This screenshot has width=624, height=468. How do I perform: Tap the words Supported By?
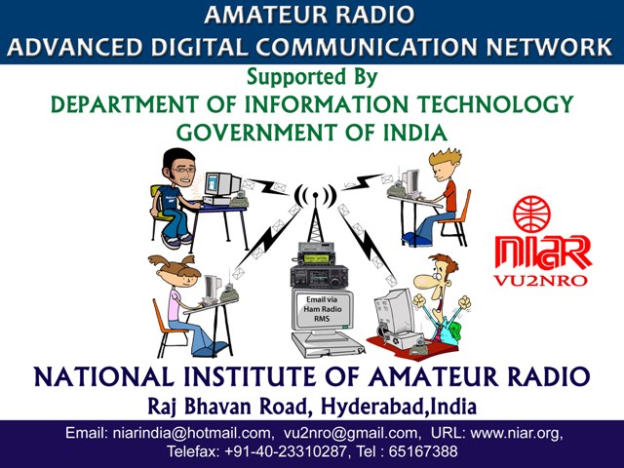click(312, 76)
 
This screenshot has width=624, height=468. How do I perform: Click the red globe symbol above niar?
click(531, 214)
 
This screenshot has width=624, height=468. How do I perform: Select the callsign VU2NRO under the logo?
click(540, 281)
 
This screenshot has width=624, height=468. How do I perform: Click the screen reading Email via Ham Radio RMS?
click(323, 309)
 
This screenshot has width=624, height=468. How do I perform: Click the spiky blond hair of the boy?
click(445, 158)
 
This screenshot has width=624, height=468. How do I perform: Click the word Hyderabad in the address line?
click(372, 407)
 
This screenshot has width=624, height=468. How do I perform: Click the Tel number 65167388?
click(423, 451)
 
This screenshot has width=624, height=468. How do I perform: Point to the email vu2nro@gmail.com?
click(349, 433)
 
